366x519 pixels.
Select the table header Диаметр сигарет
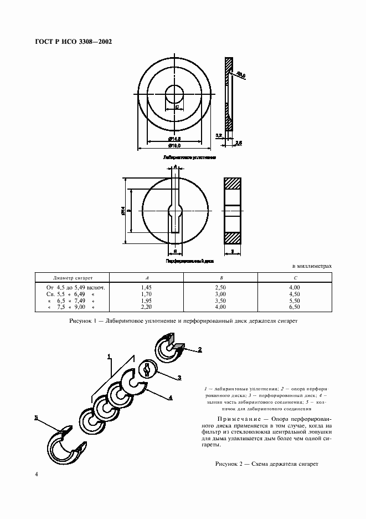tap(73, 278)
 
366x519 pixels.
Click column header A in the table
tap(146, 278)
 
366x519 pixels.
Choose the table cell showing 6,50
tap(295, 306)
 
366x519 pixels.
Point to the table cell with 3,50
tap(221, 300)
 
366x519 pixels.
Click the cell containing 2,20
tap(146, 306)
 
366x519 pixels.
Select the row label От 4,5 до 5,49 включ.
tap(73, 288)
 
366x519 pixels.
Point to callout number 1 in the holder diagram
tap(110, 355)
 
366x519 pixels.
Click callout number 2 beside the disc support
tap(200, 350)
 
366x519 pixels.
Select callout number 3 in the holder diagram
tap(179, 378)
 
